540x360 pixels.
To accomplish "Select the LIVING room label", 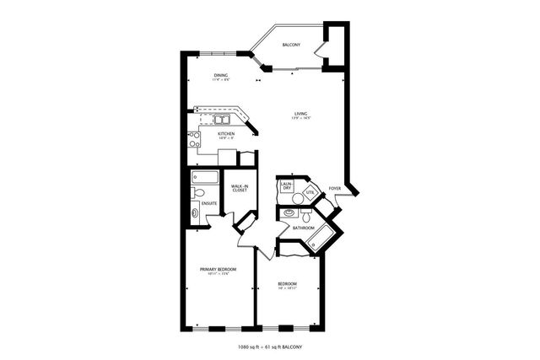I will pos(300,114).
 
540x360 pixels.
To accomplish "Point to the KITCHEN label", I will pos(225,134).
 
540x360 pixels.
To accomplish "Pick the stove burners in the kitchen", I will pos(194,139).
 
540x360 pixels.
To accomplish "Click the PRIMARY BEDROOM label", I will pos(217,270).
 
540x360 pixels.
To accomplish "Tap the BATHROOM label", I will pos(303,228).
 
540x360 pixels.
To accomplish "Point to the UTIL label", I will pos(310,193).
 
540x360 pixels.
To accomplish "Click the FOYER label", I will pos(335,188).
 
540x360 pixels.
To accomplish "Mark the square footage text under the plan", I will pos(270,347).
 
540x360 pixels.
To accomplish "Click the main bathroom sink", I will pos(292,212).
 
